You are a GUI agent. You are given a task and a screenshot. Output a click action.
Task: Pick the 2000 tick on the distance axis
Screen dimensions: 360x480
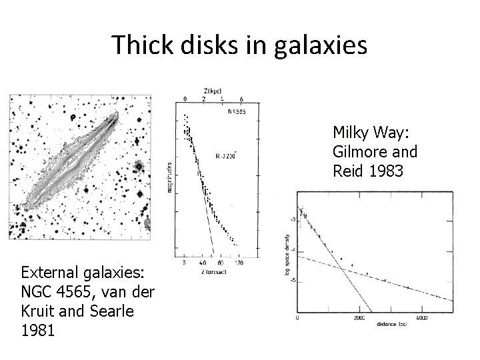[x=360, y=318]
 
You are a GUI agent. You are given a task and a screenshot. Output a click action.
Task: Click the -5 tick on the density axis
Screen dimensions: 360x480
[x=292, y=281]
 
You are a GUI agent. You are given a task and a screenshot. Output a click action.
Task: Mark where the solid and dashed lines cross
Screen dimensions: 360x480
[x=341, y=268]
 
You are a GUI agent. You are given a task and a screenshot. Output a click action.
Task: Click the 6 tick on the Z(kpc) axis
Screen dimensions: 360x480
[x=231, y=98]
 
